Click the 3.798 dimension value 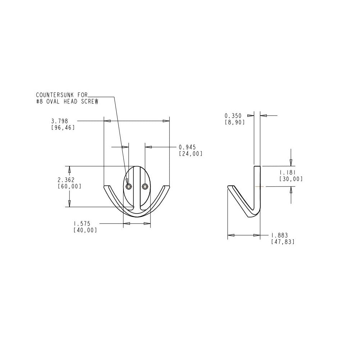[60, 121]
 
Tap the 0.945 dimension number [187, 147]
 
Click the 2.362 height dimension [66, 180]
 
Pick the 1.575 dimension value [82, 224]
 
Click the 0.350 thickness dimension [233, 116]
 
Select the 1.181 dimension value [287, 172]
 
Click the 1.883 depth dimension [280, 235]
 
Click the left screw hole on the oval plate [129, 186]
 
